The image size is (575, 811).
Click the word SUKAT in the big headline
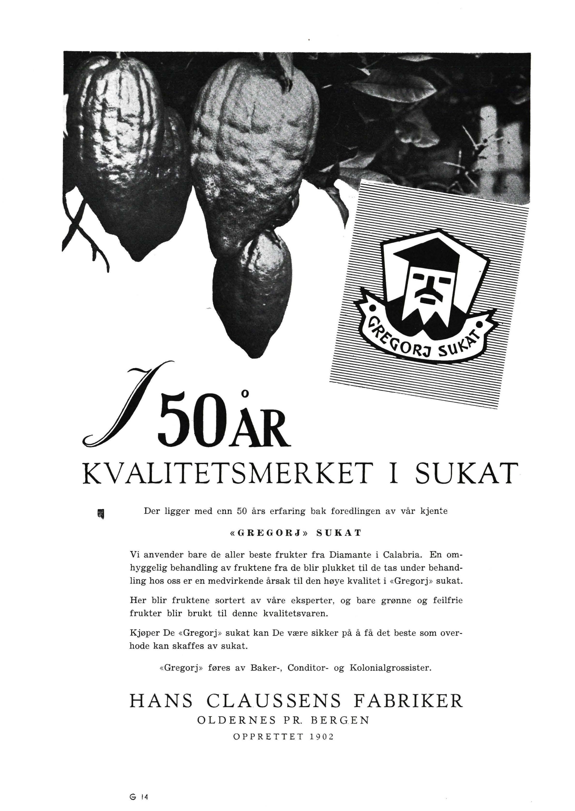(x=463, y=473)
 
